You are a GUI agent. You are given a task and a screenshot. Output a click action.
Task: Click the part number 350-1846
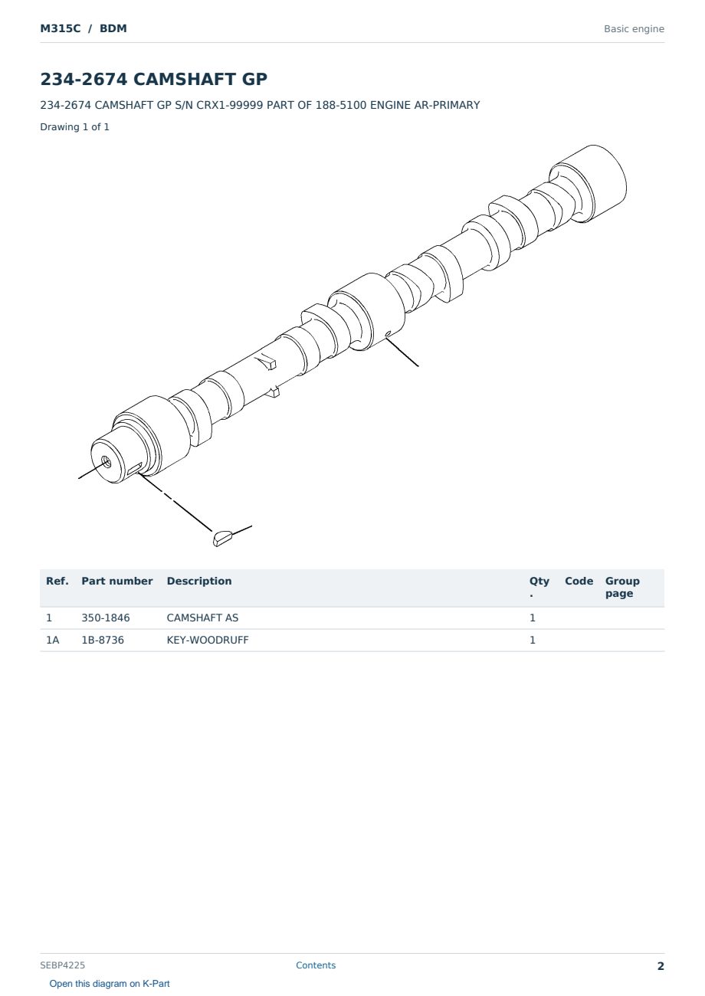click(106, 618)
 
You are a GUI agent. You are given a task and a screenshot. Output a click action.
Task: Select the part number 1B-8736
click(103, 640)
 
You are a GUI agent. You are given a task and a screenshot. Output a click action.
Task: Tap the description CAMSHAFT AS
click(202, 618)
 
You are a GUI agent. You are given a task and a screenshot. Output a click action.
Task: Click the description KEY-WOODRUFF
click(208, 640)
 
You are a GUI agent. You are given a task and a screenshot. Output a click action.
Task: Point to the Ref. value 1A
click(52, 640)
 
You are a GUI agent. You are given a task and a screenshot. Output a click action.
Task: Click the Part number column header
click(117, 581)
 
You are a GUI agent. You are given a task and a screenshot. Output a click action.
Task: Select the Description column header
click(199, 581)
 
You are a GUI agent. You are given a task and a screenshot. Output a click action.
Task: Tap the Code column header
click(579, 581)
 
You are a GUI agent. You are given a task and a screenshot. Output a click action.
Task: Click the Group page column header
click(622, 587)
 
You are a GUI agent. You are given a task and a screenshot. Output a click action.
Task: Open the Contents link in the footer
click(316, 965)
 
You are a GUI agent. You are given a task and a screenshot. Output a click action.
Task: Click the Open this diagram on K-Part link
click(110, 983)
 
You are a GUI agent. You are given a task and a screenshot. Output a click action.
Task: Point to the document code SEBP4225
click(62, 965)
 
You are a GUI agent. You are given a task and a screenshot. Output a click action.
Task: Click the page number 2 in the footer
click(661, 966)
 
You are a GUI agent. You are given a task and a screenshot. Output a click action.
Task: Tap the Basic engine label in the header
click(634, 29)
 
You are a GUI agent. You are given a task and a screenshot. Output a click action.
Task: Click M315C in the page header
click(61, 28)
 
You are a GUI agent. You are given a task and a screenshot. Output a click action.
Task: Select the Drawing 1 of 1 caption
click(75, 126)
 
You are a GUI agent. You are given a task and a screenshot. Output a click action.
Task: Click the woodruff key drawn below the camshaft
click(221, 538)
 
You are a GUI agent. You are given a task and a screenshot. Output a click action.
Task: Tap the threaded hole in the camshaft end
click(106, 461)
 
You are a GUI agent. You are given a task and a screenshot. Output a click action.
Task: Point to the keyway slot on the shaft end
click(135, 468)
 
